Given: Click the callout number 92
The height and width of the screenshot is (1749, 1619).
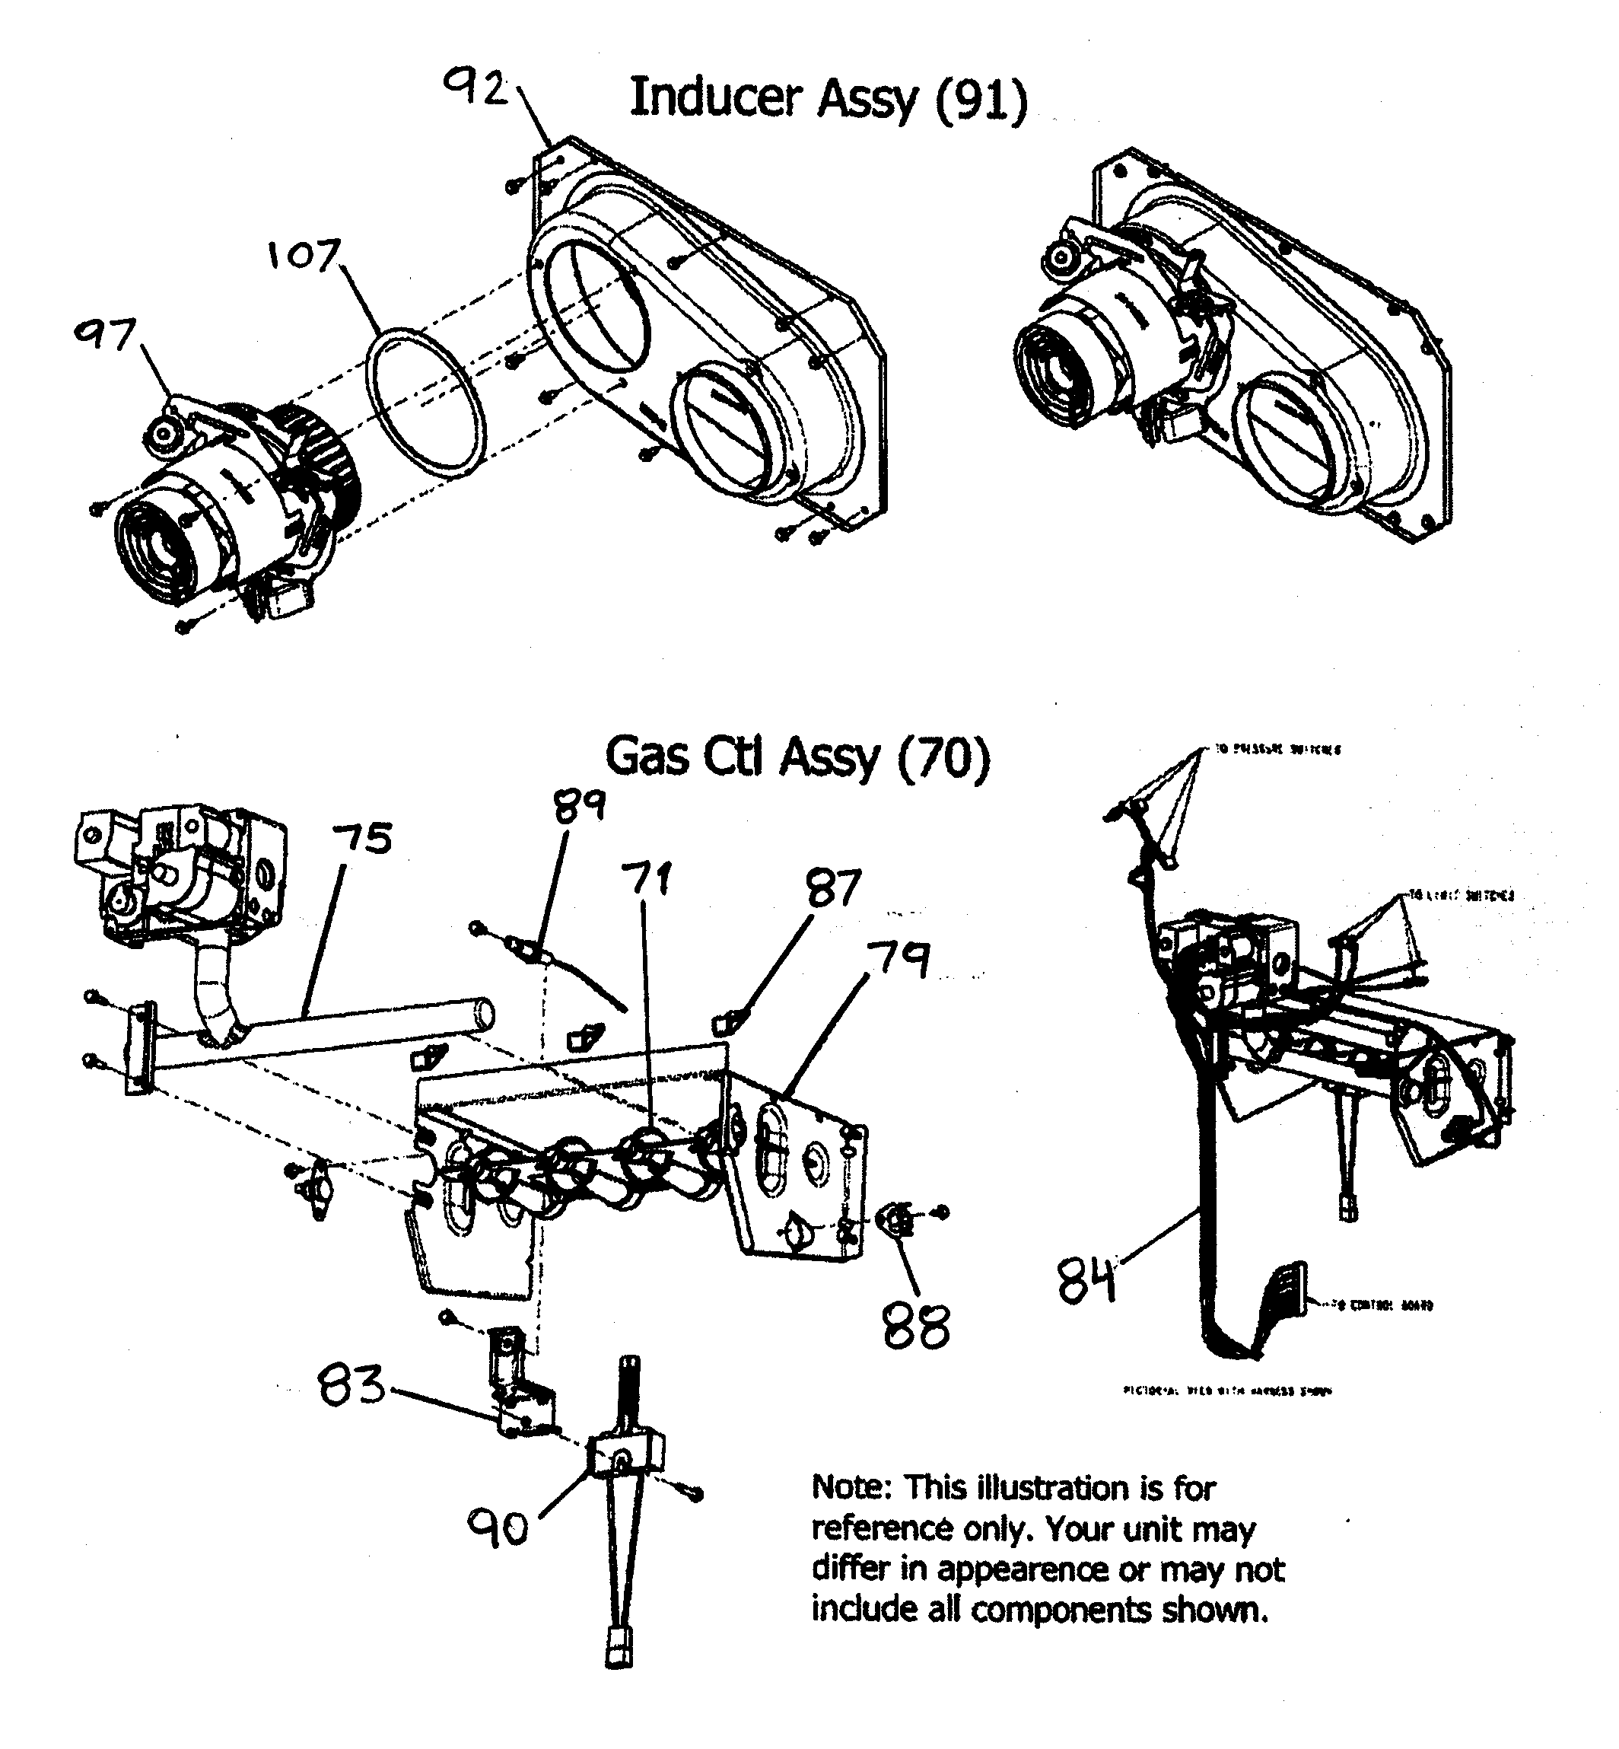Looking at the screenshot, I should tap(476, 88).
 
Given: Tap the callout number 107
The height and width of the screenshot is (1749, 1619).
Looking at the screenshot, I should tap(303, 255).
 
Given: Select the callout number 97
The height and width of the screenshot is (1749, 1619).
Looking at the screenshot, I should tap(106, 335).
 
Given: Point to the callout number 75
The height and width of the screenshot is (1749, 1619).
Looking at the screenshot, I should tap(363, 839).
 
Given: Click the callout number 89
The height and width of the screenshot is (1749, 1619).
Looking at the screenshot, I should tap(579, 804).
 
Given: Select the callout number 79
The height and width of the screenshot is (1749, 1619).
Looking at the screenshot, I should tap(899, 961).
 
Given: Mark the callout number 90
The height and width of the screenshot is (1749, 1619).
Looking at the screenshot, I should tap(498, 1528).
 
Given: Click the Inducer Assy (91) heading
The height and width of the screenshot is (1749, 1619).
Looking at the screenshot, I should tap(828, 98).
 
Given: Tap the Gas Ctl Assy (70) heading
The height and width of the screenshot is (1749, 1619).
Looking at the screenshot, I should tap(797, 757).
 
